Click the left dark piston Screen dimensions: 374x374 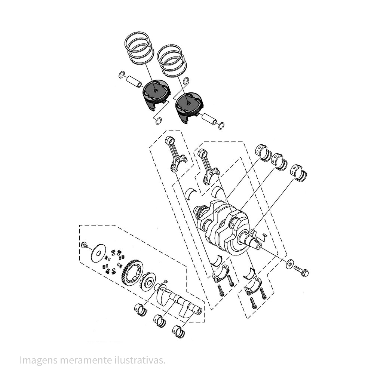155,94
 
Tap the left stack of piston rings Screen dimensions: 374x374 139,47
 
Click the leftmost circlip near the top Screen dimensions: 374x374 122,75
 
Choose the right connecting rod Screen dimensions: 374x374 208,166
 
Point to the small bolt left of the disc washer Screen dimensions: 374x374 84,245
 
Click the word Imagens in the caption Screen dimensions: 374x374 37,360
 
